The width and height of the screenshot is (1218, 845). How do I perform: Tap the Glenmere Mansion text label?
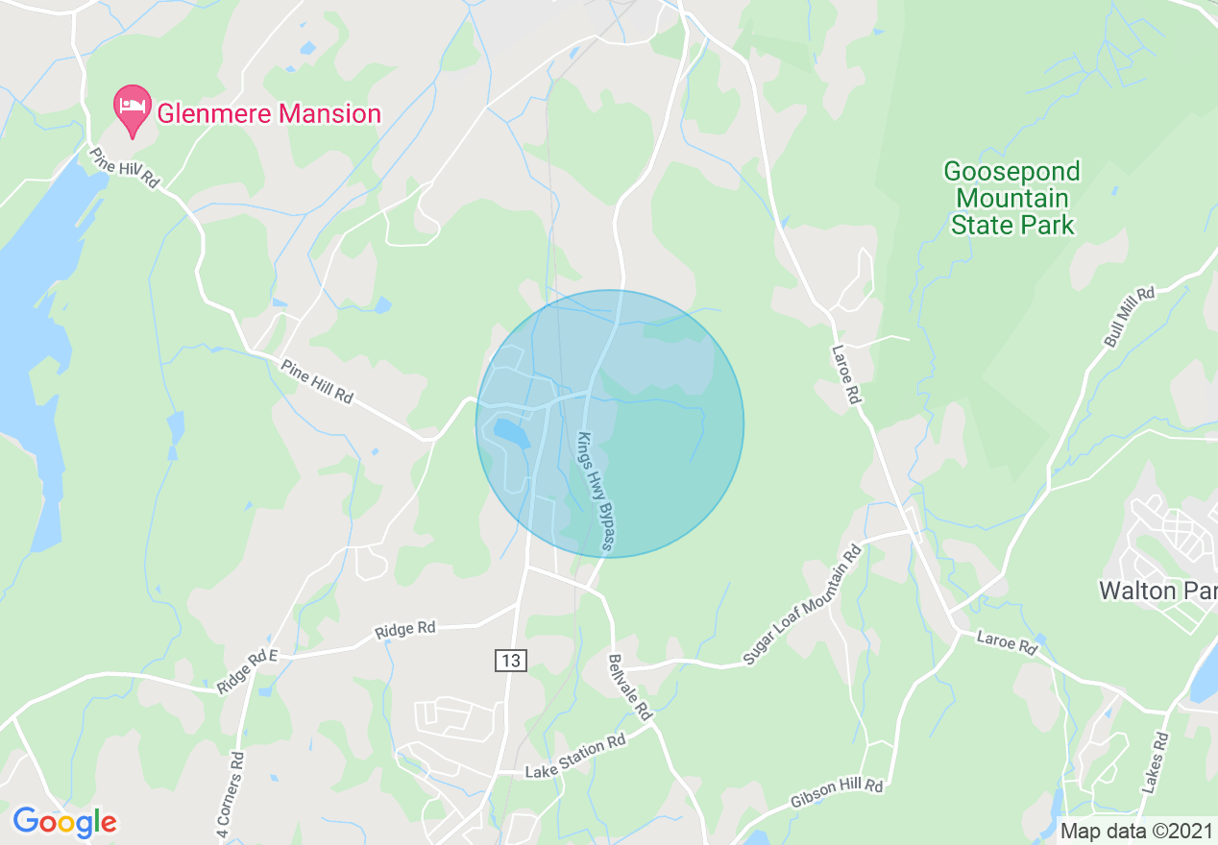(x=269, y=114)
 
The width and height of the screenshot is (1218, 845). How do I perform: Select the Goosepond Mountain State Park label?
(x=1011, y=199)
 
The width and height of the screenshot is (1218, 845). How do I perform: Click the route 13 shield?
(x=511, y=660)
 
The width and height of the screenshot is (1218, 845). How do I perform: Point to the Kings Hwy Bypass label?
(x=596, y=492)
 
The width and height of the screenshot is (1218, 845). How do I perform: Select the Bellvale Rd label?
(x=630, y=688)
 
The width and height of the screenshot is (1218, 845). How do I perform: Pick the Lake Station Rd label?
(x=575, y=757)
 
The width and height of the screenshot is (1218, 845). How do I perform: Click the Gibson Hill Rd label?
(x=837, y=793)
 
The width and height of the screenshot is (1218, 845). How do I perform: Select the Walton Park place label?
(x=1157, y=590)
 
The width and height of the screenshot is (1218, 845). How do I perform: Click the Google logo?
(x=65, y=822)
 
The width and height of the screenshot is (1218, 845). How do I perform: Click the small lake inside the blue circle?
(x=511, y=433)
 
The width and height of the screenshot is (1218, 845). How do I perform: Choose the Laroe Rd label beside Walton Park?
(x=1007, y=642)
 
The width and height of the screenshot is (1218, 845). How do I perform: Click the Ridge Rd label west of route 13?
(x=404, y=630)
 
